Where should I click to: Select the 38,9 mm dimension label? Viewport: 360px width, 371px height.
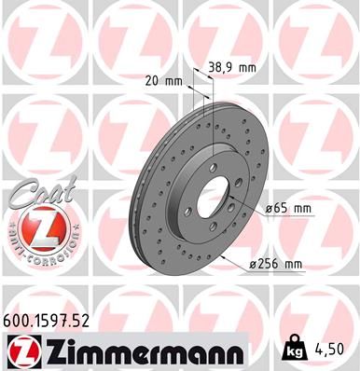tap(230, 68)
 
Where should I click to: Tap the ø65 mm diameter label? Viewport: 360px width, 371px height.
tap(288, 208)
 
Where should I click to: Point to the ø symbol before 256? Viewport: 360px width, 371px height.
tap(256, 266)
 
